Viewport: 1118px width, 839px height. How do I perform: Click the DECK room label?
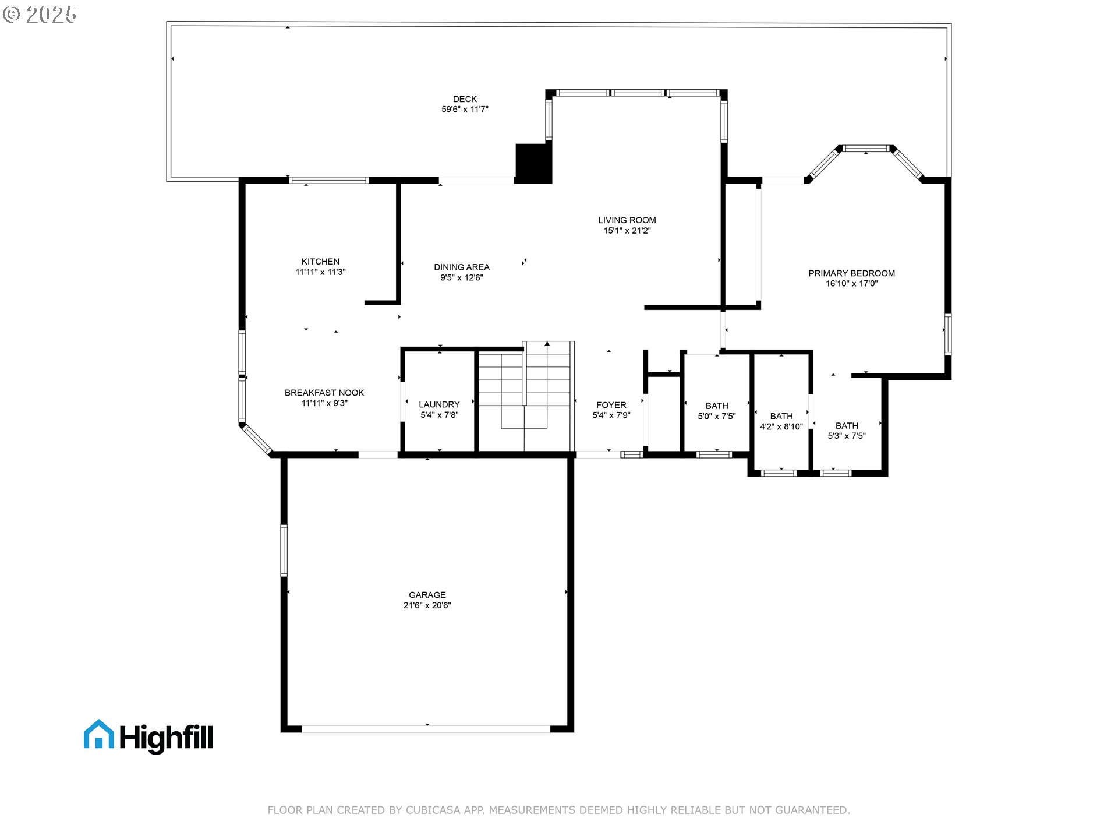click(x=465, y=99)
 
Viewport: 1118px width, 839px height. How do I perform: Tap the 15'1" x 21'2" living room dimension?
click(x=627, y=231)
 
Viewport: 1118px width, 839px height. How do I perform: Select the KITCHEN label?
click(x=320, y=262)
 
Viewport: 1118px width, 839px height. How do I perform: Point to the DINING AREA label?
click(x=461, y=267)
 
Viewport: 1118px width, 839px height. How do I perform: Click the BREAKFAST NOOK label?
click(x=324, y=393)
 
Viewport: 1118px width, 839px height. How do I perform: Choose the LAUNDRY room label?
click(x=439, y=404)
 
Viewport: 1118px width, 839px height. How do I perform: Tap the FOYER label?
click(x=611, y=405)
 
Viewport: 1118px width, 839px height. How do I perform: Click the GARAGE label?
click(x=427, y=595)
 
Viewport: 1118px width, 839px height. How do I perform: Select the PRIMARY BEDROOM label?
click(x=851, y=273)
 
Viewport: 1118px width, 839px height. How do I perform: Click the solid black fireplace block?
click(x=533, y=163)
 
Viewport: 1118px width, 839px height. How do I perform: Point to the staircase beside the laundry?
click(x=525, y=396)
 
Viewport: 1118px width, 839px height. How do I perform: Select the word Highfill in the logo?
click(x=167, y=738)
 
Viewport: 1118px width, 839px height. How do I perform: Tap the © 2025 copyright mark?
click(x=40, y=14)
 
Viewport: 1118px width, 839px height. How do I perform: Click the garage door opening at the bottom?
click(x=426, y=729)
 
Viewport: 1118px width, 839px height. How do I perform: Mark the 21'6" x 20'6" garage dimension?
click(x=427, y=605)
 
